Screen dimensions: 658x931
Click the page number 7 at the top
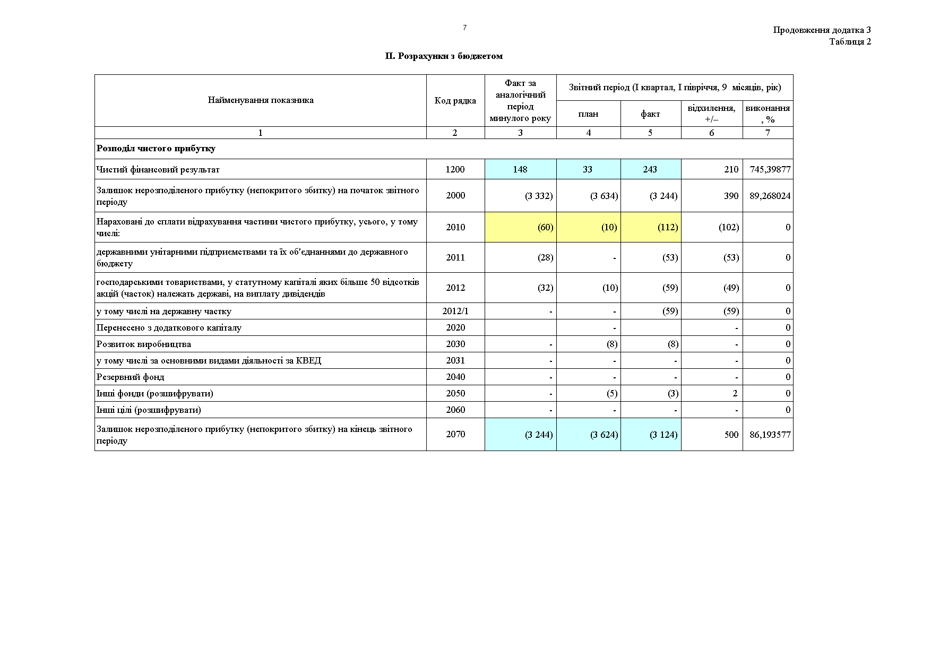coord(464,28)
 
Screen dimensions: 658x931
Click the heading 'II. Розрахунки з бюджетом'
coord(444,56)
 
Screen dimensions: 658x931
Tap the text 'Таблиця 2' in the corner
coord(850,42)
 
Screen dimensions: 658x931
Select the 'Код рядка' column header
coord(455,100)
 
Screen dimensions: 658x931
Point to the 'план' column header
coord(588,114)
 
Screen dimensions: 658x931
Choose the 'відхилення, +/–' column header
coord(711,114)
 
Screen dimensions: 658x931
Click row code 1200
coord(455,169)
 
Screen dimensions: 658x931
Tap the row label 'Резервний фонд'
coord(130,377)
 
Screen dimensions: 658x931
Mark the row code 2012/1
coord(455,311)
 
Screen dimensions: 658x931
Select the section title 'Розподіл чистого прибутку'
coord(156,149)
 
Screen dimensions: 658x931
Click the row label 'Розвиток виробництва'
coord(143,344)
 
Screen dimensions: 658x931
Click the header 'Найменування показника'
coord(260,100)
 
